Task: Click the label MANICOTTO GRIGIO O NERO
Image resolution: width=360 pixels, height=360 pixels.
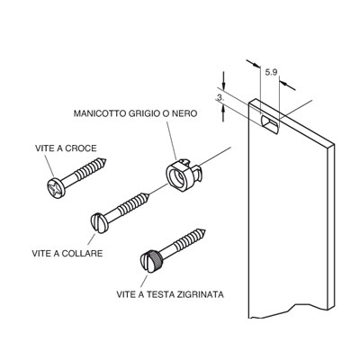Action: [135, 113]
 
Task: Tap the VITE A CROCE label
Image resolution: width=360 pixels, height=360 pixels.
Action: [66, 148]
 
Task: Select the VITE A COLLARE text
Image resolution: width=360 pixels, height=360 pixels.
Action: [67, 253]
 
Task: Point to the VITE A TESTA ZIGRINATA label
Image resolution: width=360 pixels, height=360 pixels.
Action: [170, 294]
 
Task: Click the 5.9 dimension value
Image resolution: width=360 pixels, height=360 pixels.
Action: [271, 72]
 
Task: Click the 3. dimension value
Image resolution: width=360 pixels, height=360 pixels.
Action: [220, 98]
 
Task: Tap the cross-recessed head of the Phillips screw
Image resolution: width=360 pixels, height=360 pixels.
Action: [56, 187]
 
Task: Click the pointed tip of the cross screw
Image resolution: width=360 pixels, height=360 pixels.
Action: [106, 159]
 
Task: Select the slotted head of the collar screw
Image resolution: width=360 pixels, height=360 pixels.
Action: [98, 223]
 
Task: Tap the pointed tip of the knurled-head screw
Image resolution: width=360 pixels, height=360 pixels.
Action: [205, 230]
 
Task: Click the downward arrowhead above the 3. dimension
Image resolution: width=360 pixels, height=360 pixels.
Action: [223, 85]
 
